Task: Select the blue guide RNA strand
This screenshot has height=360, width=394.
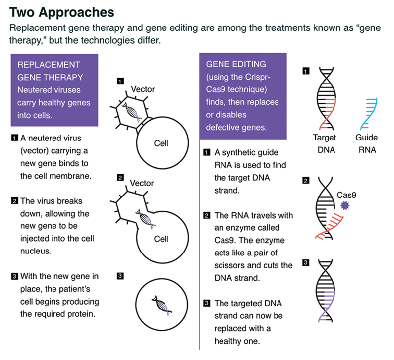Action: pos(370,112)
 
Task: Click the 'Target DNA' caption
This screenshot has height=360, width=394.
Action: pos(324,143)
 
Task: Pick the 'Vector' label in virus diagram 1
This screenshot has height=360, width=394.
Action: pos(142,89)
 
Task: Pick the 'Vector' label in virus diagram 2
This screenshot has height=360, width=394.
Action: pos(142,183)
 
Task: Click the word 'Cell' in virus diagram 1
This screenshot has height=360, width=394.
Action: pos(162,143)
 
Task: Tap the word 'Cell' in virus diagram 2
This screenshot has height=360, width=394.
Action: pos(162,239)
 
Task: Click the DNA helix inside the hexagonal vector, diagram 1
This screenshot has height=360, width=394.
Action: pos(131,112)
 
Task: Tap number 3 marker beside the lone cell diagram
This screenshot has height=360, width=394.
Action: pos(120,276)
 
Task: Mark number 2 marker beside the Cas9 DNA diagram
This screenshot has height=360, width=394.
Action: pos(306,181)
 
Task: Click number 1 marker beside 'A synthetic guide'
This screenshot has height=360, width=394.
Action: pos(206,152)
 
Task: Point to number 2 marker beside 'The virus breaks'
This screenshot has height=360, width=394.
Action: pos(14,201)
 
